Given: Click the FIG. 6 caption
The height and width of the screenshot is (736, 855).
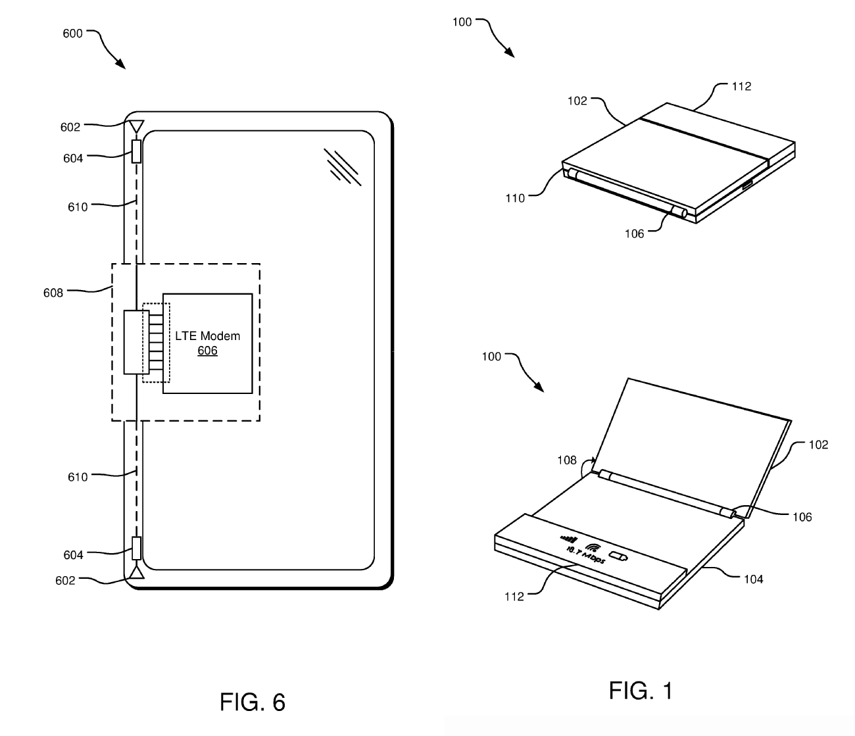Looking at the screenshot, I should pyautogui.click(x=252, y=702).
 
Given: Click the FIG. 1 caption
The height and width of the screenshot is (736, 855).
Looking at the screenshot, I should pyautogui.click(x=641, y=691).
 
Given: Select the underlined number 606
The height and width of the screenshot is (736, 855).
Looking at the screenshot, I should pyautogui.click(x=207, y=351).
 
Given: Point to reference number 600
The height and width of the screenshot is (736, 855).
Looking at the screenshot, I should pyautogui.click(x=73, y=34).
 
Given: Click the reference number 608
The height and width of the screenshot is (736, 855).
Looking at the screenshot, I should pyautogui.click(x=53, y=293).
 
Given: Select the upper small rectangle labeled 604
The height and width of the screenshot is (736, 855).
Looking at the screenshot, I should pyautogui.click(x=137, y=152).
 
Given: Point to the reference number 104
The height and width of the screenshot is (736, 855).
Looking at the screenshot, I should pyautogui.click(x=753, y=579).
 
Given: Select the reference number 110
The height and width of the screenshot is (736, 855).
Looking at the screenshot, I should pyautogui.click(x=515, y=198).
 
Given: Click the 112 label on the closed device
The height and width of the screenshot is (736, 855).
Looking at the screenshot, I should pyautogui.click(x=741, y=86).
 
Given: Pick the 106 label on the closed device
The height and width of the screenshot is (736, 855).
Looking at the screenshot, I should pyautogui.click(x=635, y=233).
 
